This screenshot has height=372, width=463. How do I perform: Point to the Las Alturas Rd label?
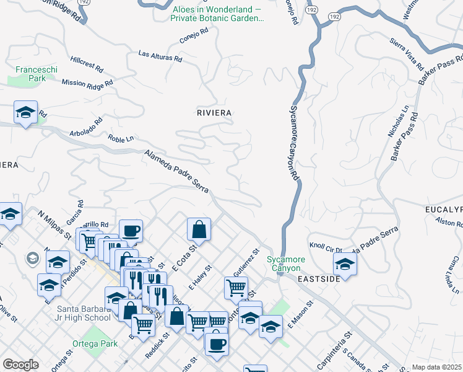coord(160,56)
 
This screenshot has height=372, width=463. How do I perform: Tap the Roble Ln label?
coord(121,138)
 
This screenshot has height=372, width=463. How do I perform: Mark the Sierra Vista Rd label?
coord(407,54)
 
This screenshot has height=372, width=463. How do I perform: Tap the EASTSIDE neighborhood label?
coord(319,280)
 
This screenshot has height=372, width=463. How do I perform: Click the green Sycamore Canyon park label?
coord(283,263)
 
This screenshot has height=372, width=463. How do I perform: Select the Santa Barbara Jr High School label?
coord(75,314)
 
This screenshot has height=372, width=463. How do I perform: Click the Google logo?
coord(20,365)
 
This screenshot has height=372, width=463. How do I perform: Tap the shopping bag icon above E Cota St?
coord(199,229)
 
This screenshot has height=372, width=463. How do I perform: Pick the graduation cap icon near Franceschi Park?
coord(25,113)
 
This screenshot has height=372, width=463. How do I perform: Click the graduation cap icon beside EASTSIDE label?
coord(345,264)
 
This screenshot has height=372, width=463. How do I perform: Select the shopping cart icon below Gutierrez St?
coord(236,287)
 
